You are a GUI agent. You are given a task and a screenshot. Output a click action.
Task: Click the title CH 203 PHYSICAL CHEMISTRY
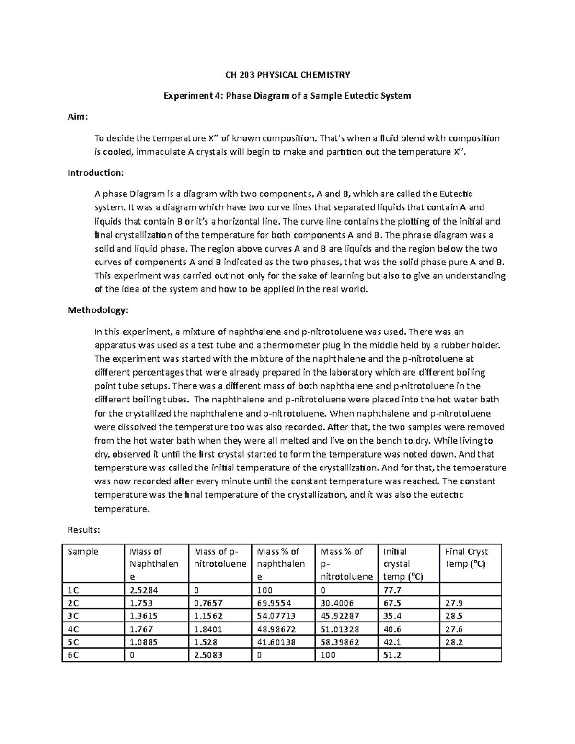pyautogui.click(x=287, y=75)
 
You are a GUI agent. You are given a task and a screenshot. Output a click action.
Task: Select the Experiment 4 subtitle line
pyautogui.click(x=287, y=96)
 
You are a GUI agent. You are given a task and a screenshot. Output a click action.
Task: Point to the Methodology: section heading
pyautogui.click(x=98, y=310)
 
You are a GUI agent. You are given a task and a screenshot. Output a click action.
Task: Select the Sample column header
pyautogui.click(x=83, y=551)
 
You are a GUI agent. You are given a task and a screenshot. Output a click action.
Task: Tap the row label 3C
pyautogui.click(x=73, y=616)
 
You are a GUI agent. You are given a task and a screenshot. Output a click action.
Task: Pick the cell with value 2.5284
pyautogui.click(x=141, y=590)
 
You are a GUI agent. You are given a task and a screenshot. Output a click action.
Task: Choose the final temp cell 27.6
pyautogui.click(x=454, y=629)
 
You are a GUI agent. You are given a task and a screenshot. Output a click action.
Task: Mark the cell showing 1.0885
pyautogui.click(x=141, y=642)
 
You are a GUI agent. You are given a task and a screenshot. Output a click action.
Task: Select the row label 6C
pyautogui.click(x=73, y=655)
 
